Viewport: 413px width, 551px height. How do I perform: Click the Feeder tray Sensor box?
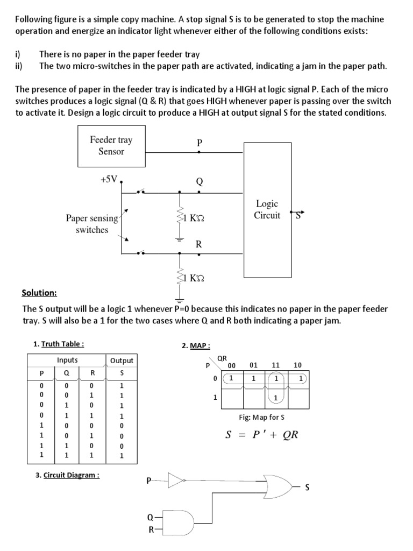coord(111,146)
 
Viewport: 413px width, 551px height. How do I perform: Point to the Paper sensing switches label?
coord(92,224)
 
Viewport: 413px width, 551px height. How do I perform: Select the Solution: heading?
coord(39,293)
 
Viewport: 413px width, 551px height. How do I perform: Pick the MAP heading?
coord(196,345)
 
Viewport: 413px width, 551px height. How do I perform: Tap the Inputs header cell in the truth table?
coord(67,360)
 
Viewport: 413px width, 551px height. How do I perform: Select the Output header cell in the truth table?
coord(122,360)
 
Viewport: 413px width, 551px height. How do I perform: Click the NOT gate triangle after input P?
coord(176,479)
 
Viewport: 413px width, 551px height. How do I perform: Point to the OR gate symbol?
coord(277,486)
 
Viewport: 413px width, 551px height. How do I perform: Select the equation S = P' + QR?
coord(261,435)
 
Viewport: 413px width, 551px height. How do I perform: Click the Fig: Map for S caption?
coord(261,417)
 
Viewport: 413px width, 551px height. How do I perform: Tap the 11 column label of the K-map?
coord(275,365)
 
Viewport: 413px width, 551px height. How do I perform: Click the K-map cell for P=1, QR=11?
coord(275,398)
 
